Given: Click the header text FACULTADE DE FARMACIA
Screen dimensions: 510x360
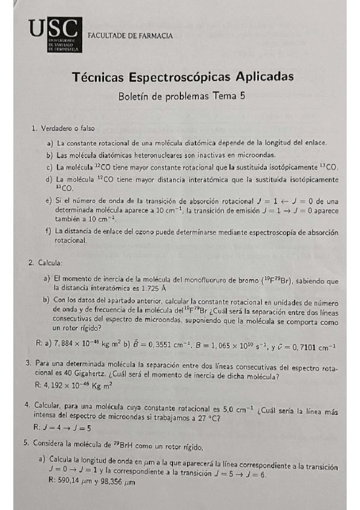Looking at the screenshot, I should (x=130, y=36).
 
